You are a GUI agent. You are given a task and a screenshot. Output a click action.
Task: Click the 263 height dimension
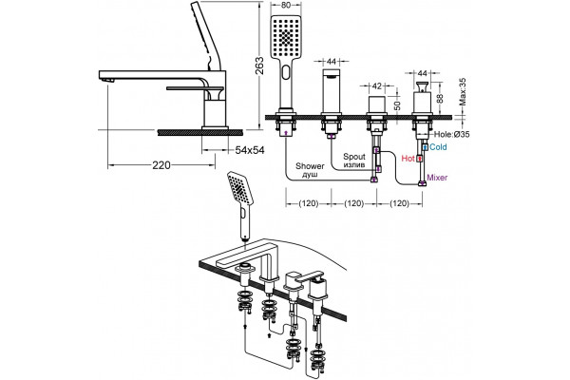[259, 66]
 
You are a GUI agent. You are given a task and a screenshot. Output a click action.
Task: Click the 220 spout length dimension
[161, 165]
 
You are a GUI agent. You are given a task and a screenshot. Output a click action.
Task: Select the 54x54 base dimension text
[250, 150]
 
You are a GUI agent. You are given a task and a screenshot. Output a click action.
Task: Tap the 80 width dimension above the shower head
[286, 5]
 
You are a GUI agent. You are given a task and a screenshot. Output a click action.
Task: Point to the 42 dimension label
[377, 86]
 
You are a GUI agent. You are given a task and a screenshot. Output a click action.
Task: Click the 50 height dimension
[397, 105]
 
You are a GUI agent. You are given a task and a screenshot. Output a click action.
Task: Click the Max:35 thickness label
[462, 91]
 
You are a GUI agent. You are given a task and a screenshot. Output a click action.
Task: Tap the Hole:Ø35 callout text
[452, 134]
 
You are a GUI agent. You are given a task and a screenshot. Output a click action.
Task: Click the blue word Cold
[438, 147]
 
